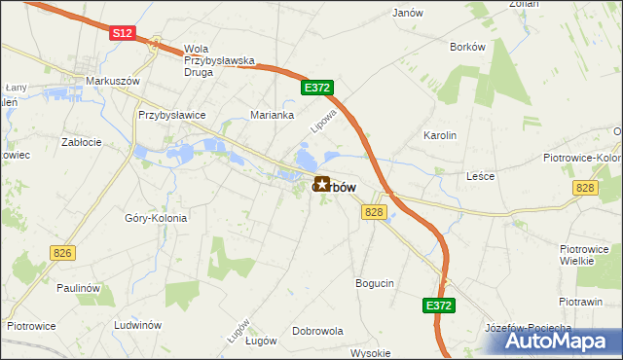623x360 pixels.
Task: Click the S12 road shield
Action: pos(122,32)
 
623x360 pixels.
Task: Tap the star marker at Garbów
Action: pos(321,183)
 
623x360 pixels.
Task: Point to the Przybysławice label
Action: pos(172,115)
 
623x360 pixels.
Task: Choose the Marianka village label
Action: pos(273,114)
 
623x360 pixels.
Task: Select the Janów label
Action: pos(407,14)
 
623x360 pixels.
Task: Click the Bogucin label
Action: pos(374,283)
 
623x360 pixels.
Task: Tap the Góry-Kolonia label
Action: pos(156,218)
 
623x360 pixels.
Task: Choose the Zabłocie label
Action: pos(82,142)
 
